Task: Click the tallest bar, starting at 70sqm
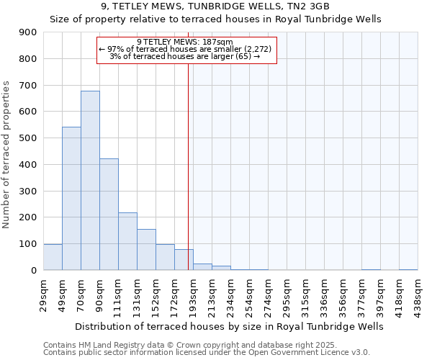[x=90, y=180]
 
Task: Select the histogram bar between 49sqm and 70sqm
[x=71, y=198]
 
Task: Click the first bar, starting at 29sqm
[x=53, y=257]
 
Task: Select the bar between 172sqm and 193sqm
[x=184, y=259]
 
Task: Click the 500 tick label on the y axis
[x=29, y=138]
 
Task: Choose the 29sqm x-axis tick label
[x=44, y=294]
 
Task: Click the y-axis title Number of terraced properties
[x=6, y=155]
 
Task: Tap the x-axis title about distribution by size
[x=229, y=326]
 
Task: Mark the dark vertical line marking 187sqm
[x=188, y=166]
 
